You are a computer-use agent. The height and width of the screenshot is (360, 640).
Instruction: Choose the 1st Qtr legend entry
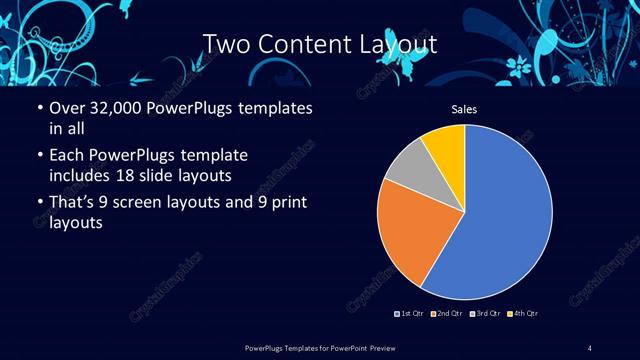coord(408,315)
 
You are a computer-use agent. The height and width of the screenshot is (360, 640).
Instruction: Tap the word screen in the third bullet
coord(150,205)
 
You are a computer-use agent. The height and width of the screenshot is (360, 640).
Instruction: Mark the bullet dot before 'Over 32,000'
coord(39,107)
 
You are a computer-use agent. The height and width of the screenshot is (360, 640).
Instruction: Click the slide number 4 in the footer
coord(590,348)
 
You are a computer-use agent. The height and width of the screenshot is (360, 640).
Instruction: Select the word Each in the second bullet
coord(66,156)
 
